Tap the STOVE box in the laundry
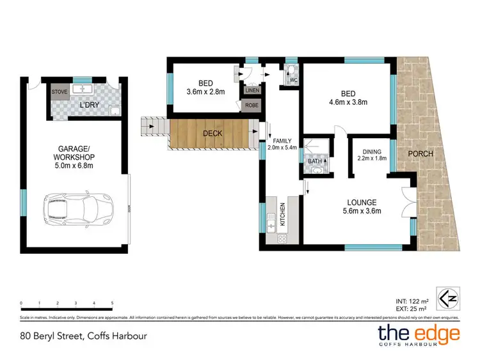[60, 91]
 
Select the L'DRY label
[88, 104]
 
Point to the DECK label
[213, 134]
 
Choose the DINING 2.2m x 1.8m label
[372, 155]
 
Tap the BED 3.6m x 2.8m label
[205, 86]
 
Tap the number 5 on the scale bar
[113, 303]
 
